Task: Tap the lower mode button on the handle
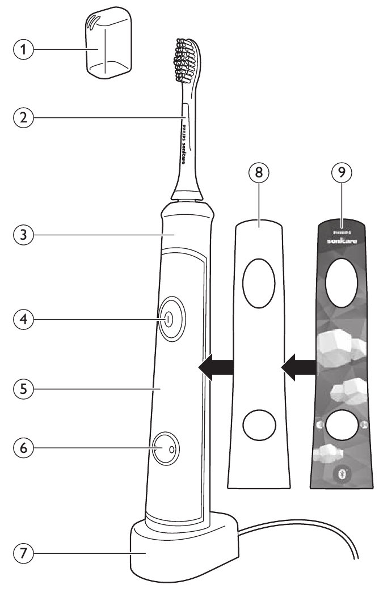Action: point(164,448)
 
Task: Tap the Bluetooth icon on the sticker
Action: point(341,475)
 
